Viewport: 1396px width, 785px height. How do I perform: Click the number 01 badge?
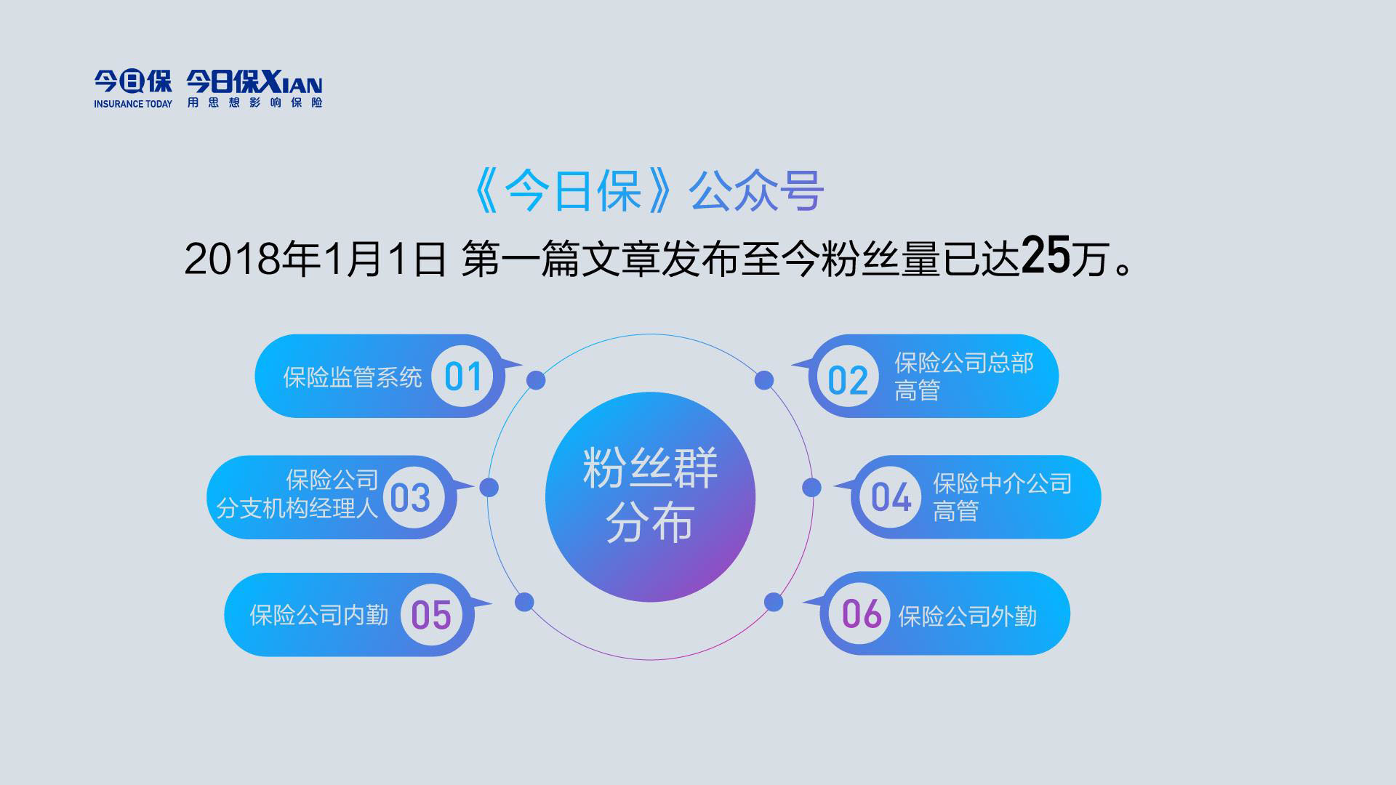(x=463, y=377)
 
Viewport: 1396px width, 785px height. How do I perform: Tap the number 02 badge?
(x=849, y=380)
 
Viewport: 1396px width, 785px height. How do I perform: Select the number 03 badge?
(x=411, y=498)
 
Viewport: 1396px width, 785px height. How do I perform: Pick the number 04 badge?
(x=891, y=498)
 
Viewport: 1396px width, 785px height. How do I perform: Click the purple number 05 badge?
(x=432, y=615)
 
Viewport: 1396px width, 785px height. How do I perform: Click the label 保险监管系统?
(x=353, y=378)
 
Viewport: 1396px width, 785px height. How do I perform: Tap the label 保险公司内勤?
(x=319, y=616)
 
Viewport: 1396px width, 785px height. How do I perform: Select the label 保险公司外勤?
(x=968, y=617)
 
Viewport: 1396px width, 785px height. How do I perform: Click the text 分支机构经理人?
(x=297, y=508)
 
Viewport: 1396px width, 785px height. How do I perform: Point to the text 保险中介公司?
(x=1003, y=483)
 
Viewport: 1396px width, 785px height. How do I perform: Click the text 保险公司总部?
(x=964, y=363)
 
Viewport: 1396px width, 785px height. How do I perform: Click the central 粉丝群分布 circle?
(x=651, y=497)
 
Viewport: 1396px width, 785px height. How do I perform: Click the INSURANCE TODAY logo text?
(x=133, y=104)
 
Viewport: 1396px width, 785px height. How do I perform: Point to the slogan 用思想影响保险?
(x=254, y=102)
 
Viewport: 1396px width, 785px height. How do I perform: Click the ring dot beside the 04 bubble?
(x=811, y=487)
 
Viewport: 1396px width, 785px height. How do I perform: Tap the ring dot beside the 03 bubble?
(x=489, y=487)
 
